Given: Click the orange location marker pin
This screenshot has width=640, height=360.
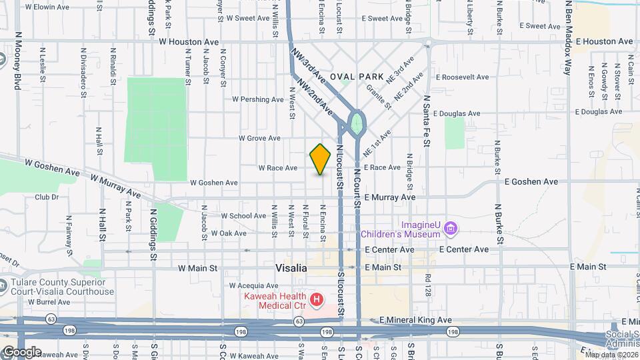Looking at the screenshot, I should tap(321, 159).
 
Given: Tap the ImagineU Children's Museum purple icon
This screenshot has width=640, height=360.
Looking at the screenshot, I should tap(451, 229).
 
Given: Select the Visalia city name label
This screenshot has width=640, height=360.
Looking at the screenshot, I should tap(291, 267).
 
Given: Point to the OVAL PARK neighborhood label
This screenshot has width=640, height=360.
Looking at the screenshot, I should tap(362, 77).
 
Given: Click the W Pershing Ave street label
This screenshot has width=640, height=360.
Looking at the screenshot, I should tap(257, 99).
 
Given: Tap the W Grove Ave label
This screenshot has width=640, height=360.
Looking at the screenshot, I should tap(259, 139).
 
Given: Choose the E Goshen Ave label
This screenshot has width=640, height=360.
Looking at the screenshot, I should tap(531, 181).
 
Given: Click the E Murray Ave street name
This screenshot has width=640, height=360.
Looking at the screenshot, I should tap(389, 197).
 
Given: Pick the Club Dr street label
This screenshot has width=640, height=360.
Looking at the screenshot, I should tap(47, 197).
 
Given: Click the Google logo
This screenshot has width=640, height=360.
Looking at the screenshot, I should tap(21, 352).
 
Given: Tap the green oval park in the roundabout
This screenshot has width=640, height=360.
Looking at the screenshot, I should tap(357, 123).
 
